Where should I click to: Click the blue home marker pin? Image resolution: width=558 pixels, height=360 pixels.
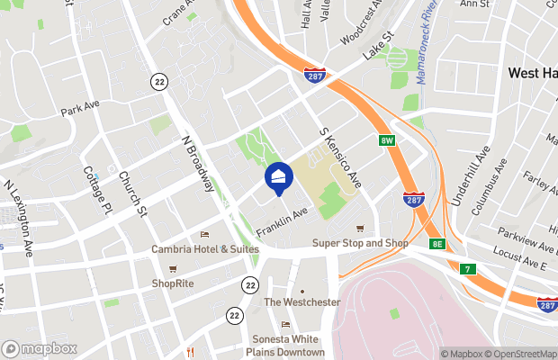click(x=278, y=176)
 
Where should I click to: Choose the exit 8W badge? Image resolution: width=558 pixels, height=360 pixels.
click(x=387, y=140)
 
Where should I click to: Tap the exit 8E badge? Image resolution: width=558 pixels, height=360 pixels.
click(x=437, y=243)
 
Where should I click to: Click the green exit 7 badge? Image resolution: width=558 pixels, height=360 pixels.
click(x=468, y=268)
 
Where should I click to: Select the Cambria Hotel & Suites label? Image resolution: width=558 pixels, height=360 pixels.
click(x=204, y=249)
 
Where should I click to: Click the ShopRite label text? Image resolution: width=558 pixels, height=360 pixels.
click(x=173, y=283)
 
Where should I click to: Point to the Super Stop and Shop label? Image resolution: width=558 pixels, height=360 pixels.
click(x=360, y=243)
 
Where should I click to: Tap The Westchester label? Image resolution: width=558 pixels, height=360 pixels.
click(x=302, y=302)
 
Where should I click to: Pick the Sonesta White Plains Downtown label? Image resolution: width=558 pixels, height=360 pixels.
click(x=285, y=345)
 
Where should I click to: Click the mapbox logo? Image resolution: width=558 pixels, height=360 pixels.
click(x=40, y=348)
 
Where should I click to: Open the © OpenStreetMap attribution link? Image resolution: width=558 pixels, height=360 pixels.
click(x=521, y=354)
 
